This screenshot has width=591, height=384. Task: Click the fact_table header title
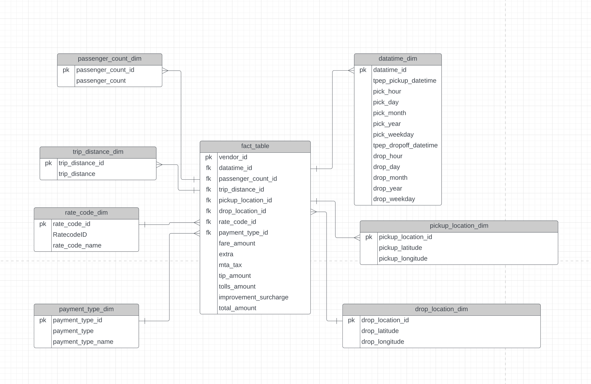tap(255, 146)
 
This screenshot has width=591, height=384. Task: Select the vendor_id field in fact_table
tap(233, 157)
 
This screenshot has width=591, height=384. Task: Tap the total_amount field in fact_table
tap(237, 308)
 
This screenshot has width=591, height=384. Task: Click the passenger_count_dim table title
tap(110, 59)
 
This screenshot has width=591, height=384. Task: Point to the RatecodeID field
tap(70, 235)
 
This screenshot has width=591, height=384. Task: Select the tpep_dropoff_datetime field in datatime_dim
tap(405, 145)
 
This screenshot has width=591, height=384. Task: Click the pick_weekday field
tap(393, 135)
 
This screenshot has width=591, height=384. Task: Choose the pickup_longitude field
tap(403, 258)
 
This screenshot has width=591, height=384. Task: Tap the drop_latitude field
tap(380, 331)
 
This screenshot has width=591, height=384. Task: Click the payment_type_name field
tap(83, 342)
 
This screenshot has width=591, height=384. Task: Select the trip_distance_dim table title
tap(98, 152)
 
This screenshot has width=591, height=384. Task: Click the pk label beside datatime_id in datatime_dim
tap(363, 70)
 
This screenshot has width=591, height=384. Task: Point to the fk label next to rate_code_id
tap(208, 222)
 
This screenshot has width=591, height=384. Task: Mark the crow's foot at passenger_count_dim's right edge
tap(165, 71)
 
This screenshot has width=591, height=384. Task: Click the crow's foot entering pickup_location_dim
tap(357, 238)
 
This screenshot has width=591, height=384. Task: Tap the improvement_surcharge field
tap(253, 297)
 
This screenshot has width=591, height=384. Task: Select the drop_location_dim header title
tap(441, 309)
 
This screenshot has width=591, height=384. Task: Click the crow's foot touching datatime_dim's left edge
tap(351, 70)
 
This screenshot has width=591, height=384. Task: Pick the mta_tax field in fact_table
tap(230, 265)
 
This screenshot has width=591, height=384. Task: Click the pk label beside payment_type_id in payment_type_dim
tap(43, 320)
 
